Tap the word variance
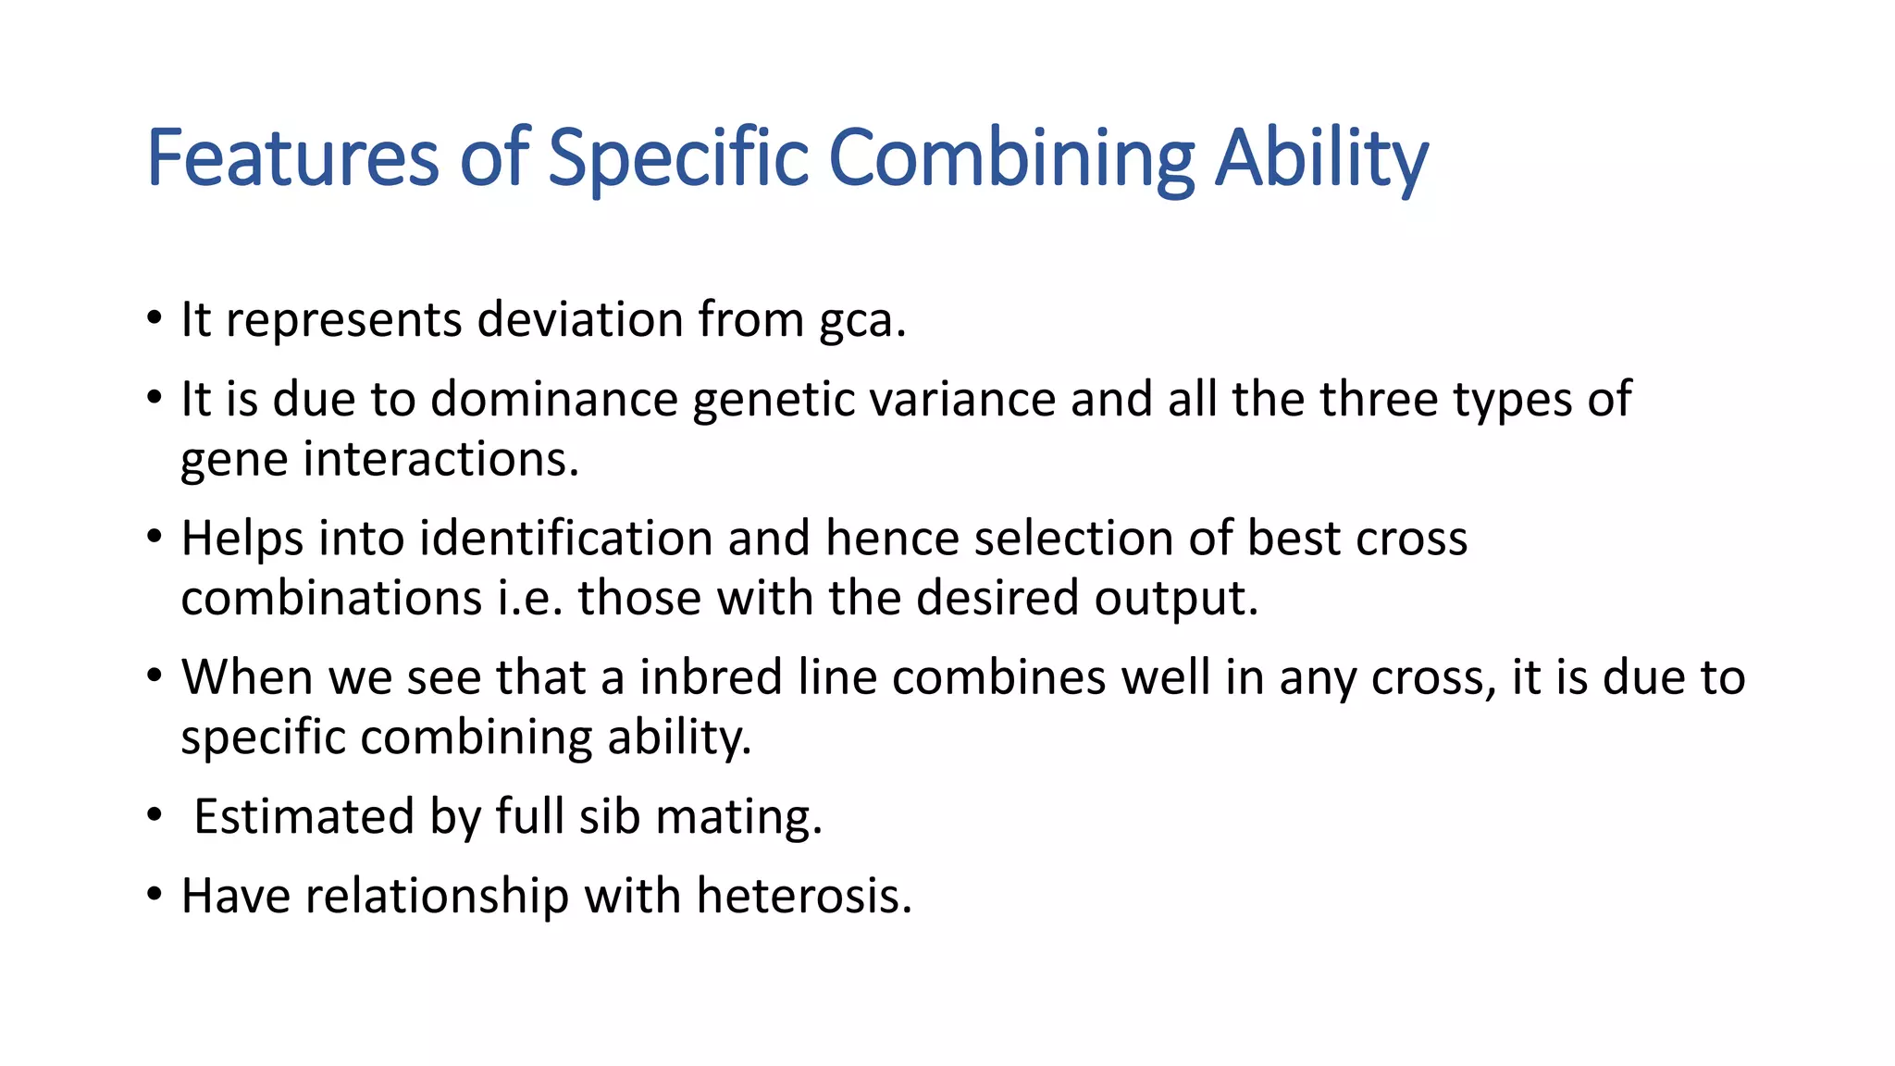click(x=962, y=400)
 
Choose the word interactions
click(x=440, y=459)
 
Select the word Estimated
click(x=303, y=817)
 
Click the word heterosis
click(x=803, y=896)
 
